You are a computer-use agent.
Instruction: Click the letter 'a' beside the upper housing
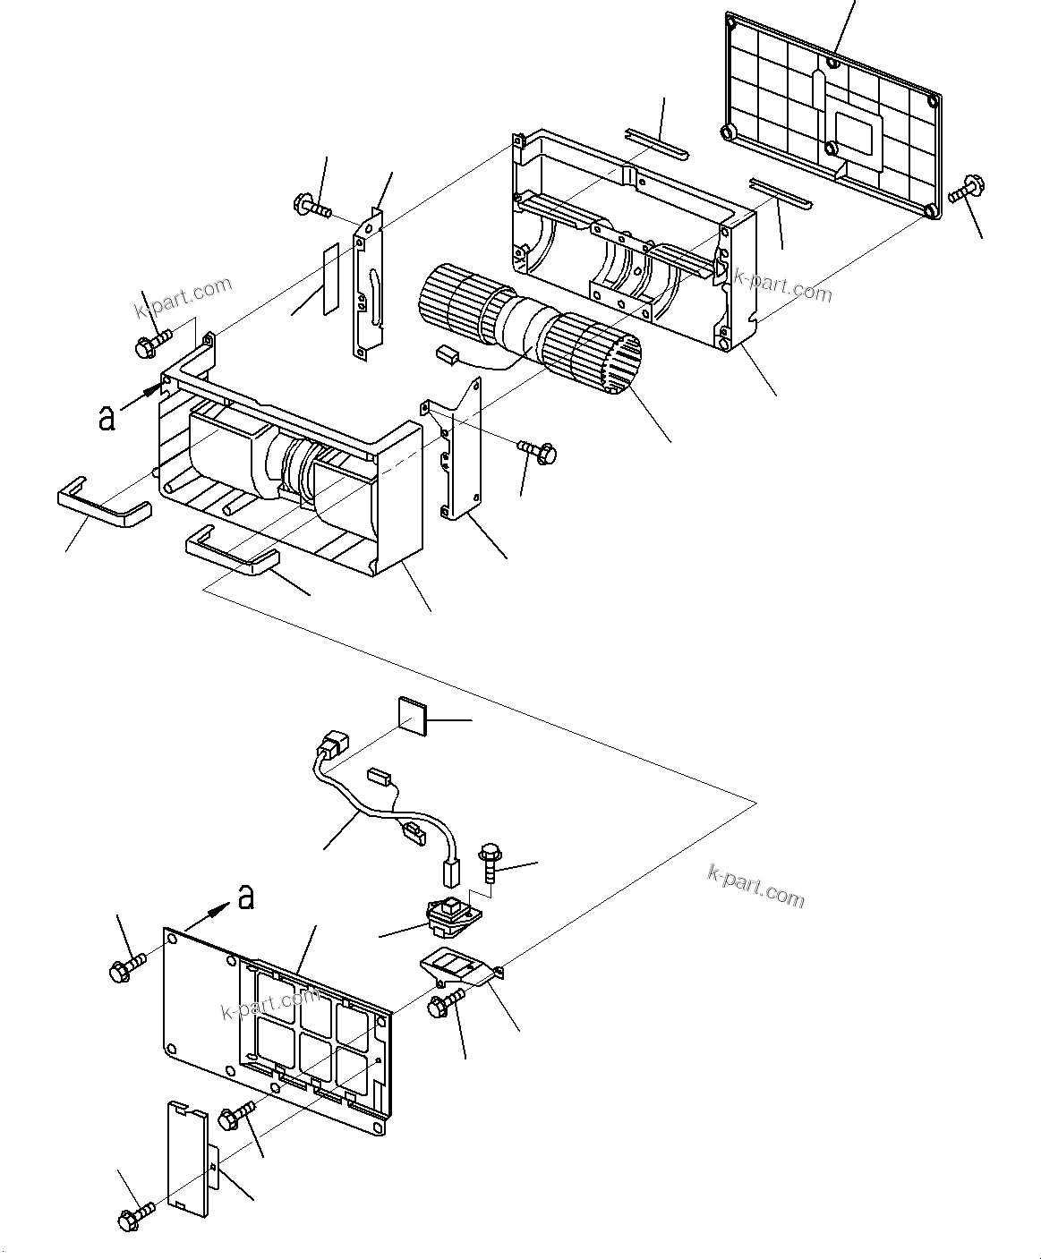[x=107, y=417]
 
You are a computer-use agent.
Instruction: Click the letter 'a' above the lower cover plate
[x=246, y=896]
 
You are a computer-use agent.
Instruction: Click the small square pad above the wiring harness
[x=413, y=716]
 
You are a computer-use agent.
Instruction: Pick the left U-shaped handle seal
[x=104, y=504]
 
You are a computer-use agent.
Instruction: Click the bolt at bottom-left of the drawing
[x=135, y=1215]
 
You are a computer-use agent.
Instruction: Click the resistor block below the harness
[x=453, y=914]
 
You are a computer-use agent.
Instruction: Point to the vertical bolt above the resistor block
[x=491, y=859]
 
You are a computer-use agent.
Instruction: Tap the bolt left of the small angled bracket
[x=444, y=1003]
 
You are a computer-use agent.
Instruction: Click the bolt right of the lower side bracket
[x=536, y=451]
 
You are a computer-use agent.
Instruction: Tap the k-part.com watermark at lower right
[x=756, y=886]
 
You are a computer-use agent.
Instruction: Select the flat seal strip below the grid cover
[x=781, y=191]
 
